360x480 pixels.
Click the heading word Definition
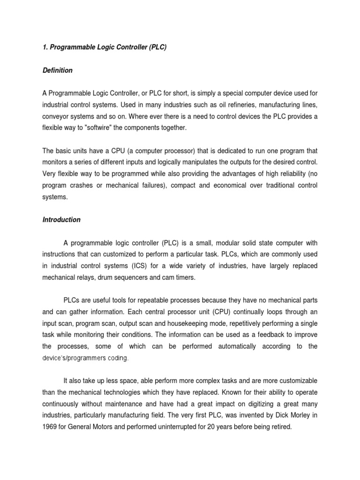pyautogui.click(x=57, y=70)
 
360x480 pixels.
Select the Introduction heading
pyautogui.click(x=61, y=219)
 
